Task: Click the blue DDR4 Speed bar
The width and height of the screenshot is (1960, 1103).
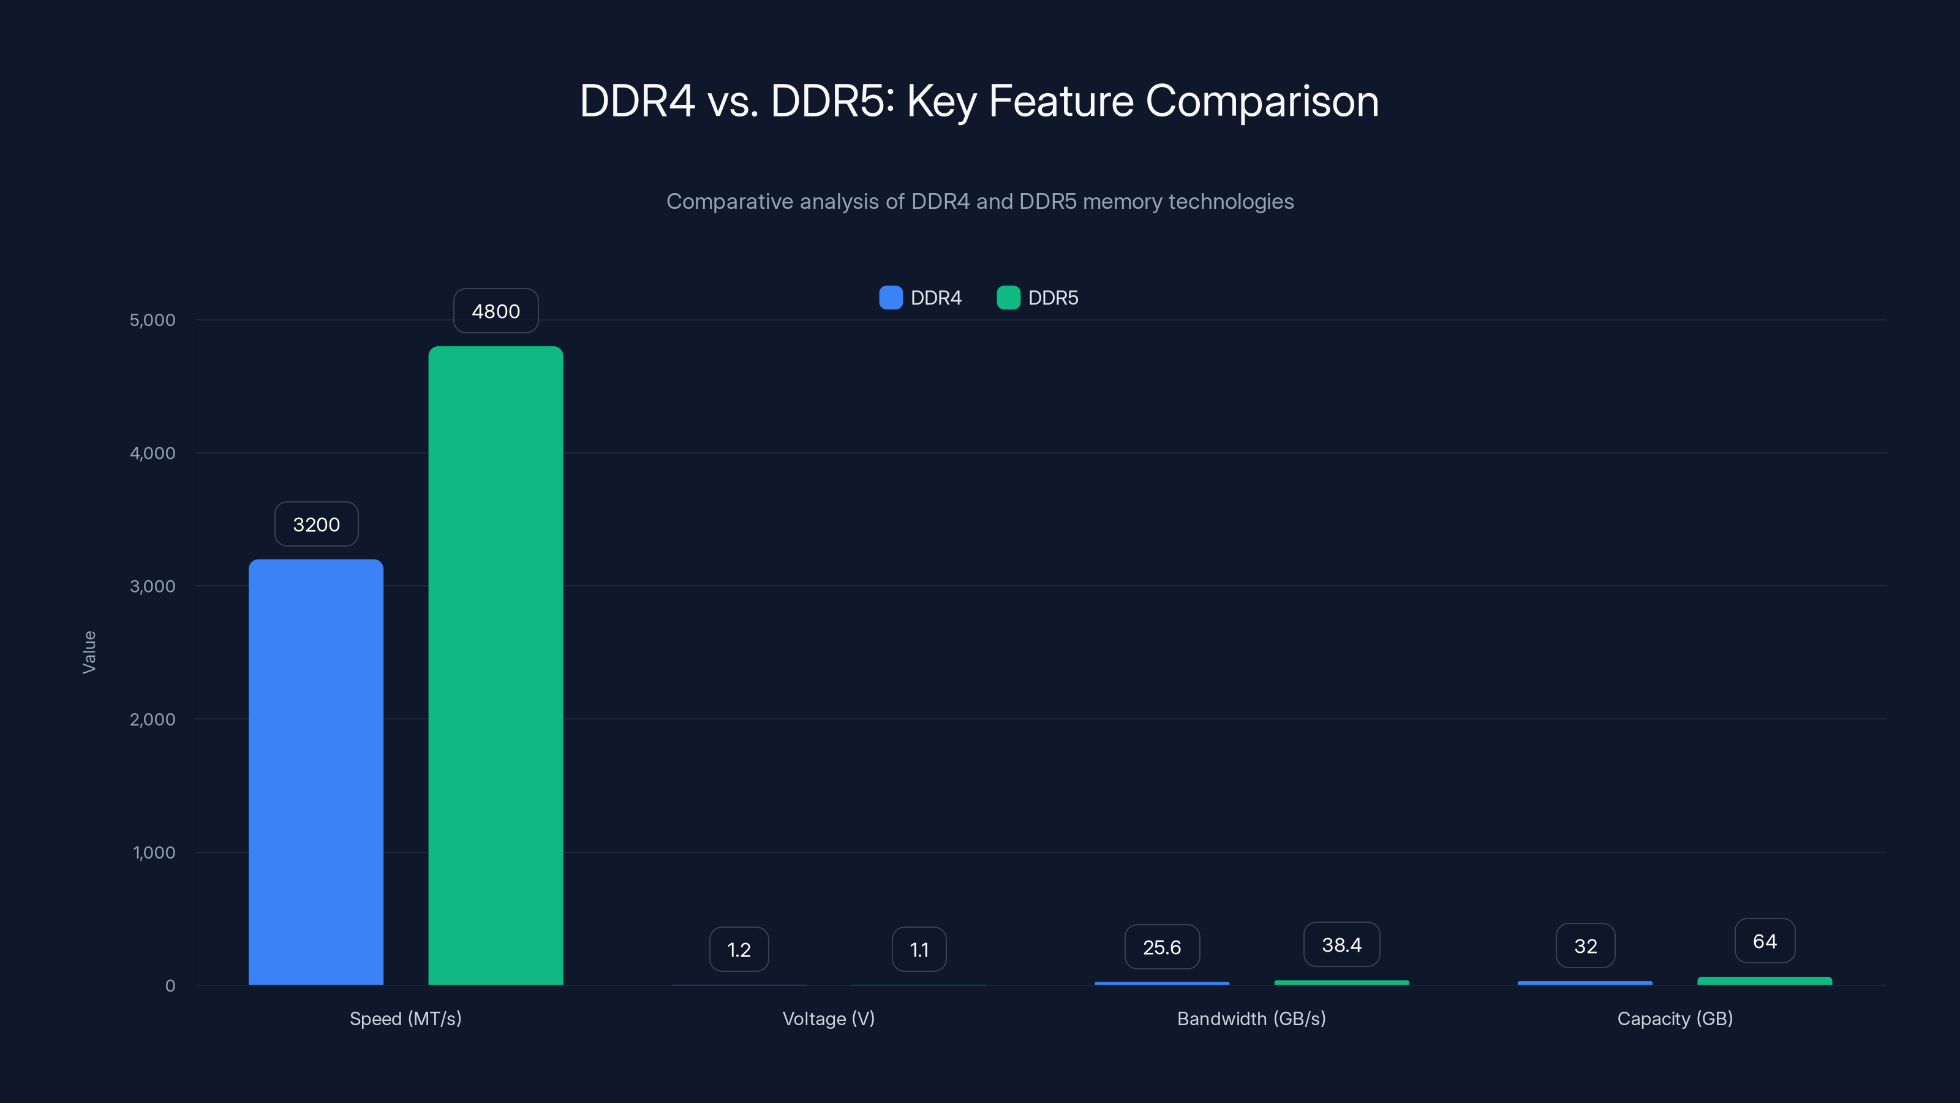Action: coord(316,772)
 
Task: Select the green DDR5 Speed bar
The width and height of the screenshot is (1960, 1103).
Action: coord(496,665)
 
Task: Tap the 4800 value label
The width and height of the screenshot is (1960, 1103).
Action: coord(496,311)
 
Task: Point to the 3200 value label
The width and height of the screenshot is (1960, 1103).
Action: coord(316,524)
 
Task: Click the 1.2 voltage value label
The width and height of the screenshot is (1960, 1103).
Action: coord(739,949)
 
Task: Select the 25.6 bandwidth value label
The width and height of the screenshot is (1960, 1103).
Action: coord(1162,947)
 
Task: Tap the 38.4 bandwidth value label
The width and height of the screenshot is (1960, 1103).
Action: coord(1341,945)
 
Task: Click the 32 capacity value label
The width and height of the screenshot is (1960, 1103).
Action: coord(1585,946)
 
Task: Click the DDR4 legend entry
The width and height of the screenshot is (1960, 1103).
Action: coord(921,298)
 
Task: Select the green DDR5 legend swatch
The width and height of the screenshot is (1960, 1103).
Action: coord(1008,298)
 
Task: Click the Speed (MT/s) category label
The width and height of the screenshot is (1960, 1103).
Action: coord(405,1018)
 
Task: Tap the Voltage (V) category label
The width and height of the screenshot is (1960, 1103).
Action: coord(829,1018)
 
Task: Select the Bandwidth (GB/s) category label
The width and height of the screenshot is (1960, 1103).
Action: coord(1251,1018)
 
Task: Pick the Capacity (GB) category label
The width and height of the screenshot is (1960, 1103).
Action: coord(1675,1018)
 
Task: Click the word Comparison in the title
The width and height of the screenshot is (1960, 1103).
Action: coord(1262,101)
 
